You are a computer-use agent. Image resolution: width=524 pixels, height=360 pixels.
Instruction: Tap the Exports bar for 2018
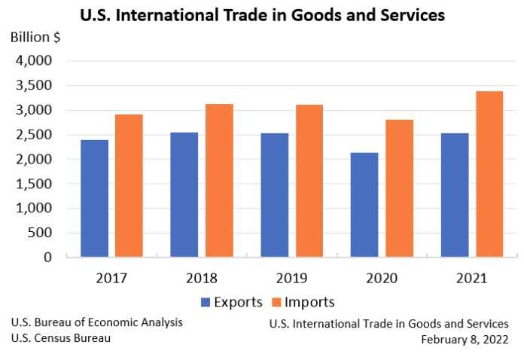coord(184,195)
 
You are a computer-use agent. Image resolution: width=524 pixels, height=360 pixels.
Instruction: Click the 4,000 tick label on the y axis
coord(35,61)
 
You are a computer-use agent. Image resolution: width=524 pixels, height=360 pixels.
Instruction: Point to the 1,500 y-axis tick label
coord(35,184)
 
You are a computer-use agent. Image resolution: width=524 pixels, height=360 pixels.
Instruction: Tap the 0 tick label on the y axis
coord(47,258)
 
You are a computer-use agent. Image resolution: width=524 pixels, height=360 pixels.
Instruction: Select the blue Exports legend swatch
coord(206,303)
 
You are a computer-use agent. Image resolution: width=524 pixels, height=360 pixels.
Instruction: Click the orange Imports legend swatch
coord(276,303)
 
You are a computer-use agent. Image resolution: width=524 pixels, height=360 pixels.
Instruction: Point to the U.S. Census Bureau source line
coord(61,338)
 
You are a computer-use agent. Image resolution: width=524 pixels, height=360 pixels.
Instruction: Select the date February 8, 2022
coord(465,339)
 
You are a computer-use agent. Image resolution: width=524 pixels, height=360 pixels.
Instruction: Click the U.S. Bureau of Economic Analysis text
coord(96,322)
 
